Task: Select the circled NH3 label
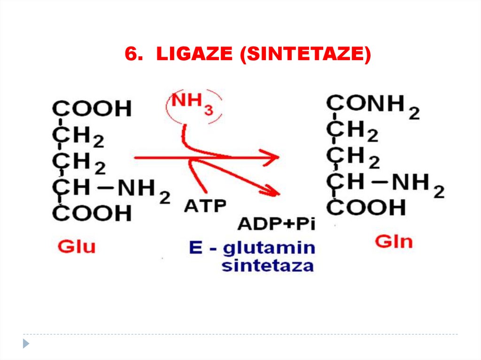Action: tap(192, 105)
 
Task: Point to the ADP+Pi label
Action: tap(276, 223)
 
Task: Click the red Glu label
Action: tap(76, 246)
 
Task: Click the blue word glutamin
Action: tap(269, 248)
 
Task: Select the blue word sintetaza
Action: tap(267, 266)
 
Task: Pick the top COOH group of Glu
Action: tap(92, 109)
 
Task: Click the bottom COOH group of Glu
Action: tap(92, 214)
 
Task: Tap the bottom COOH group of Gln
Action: tap(366, 207)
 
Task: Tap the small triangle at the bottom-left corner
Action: tap(26, 343)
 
